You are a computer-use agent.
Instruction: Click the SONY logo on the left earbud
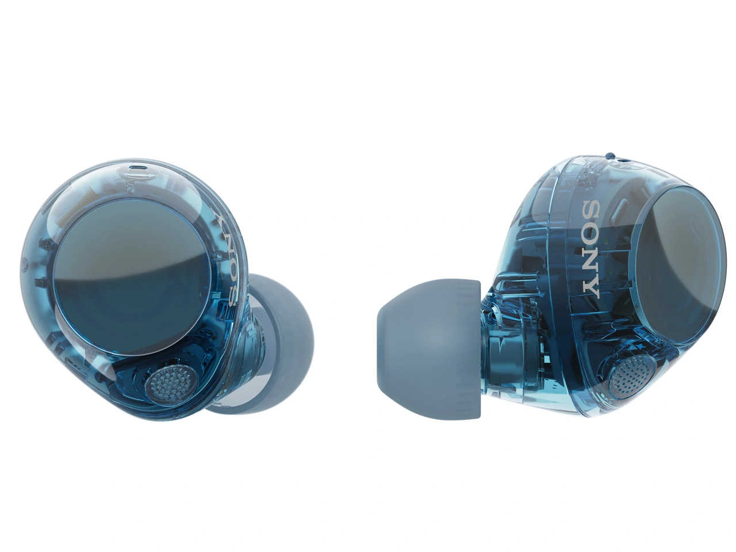pos(229,259)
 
